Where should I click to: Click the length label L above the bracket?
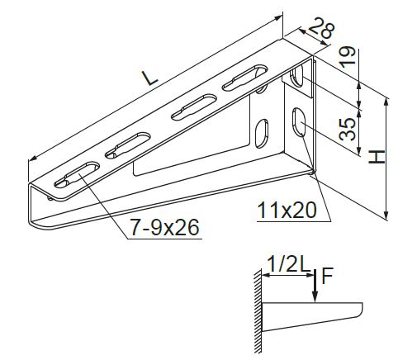(x=149, y=78)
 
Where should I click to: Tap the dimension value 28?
(x=321, y=28)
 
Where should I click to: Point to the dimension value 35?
(x=348, y=129)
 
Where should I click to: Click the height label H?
(x=377, y=157)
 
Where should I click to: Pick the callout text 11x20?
(x=287, y=211)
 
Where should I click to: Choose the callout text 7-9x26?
(x=164, y=228)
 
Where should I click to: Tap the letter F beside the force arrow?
(x=327, y=276)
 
